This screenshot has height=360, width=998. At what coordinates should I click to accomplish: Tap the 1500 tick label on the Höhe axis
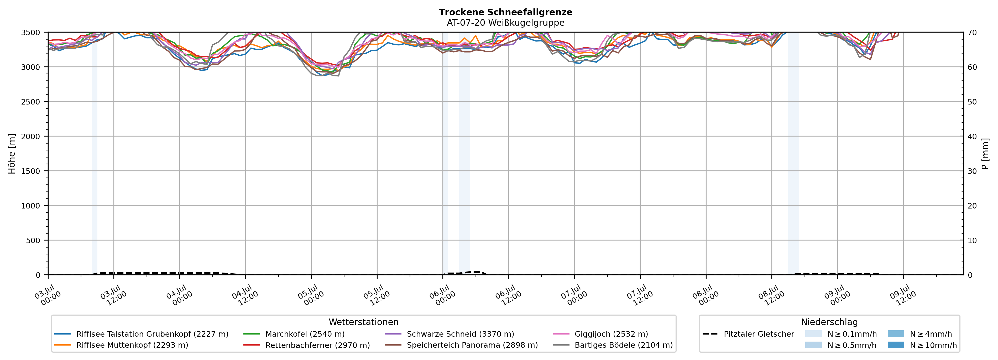[x=30, y=171]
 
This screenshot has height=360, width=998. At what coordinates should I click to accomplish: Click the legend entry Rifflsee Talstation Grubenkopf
[x=142, y=334]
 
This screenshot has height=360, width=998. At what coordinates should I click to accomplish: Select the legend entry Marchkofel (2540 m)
[x=294, y=334]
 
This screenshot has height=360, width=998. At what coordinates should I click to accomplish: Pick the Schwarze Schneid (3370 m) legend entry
[x=450, y=334]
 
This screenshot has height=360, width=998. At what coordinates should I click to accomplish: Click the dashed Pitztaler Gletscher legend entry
[x=748, y=334]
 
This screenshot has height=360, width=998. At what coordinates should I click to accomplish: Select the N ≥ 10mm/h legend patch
[x=895, y=345]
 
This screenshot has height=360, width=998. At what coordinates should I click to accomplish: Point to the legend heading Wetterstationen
[x=363, y=322]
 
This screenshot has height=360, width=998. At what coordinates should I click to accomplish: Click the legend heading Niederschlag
[x=829, y=322]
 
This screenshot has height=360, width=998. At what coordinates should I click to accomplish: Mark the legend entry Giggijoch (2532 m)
[x=600, y=334]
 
